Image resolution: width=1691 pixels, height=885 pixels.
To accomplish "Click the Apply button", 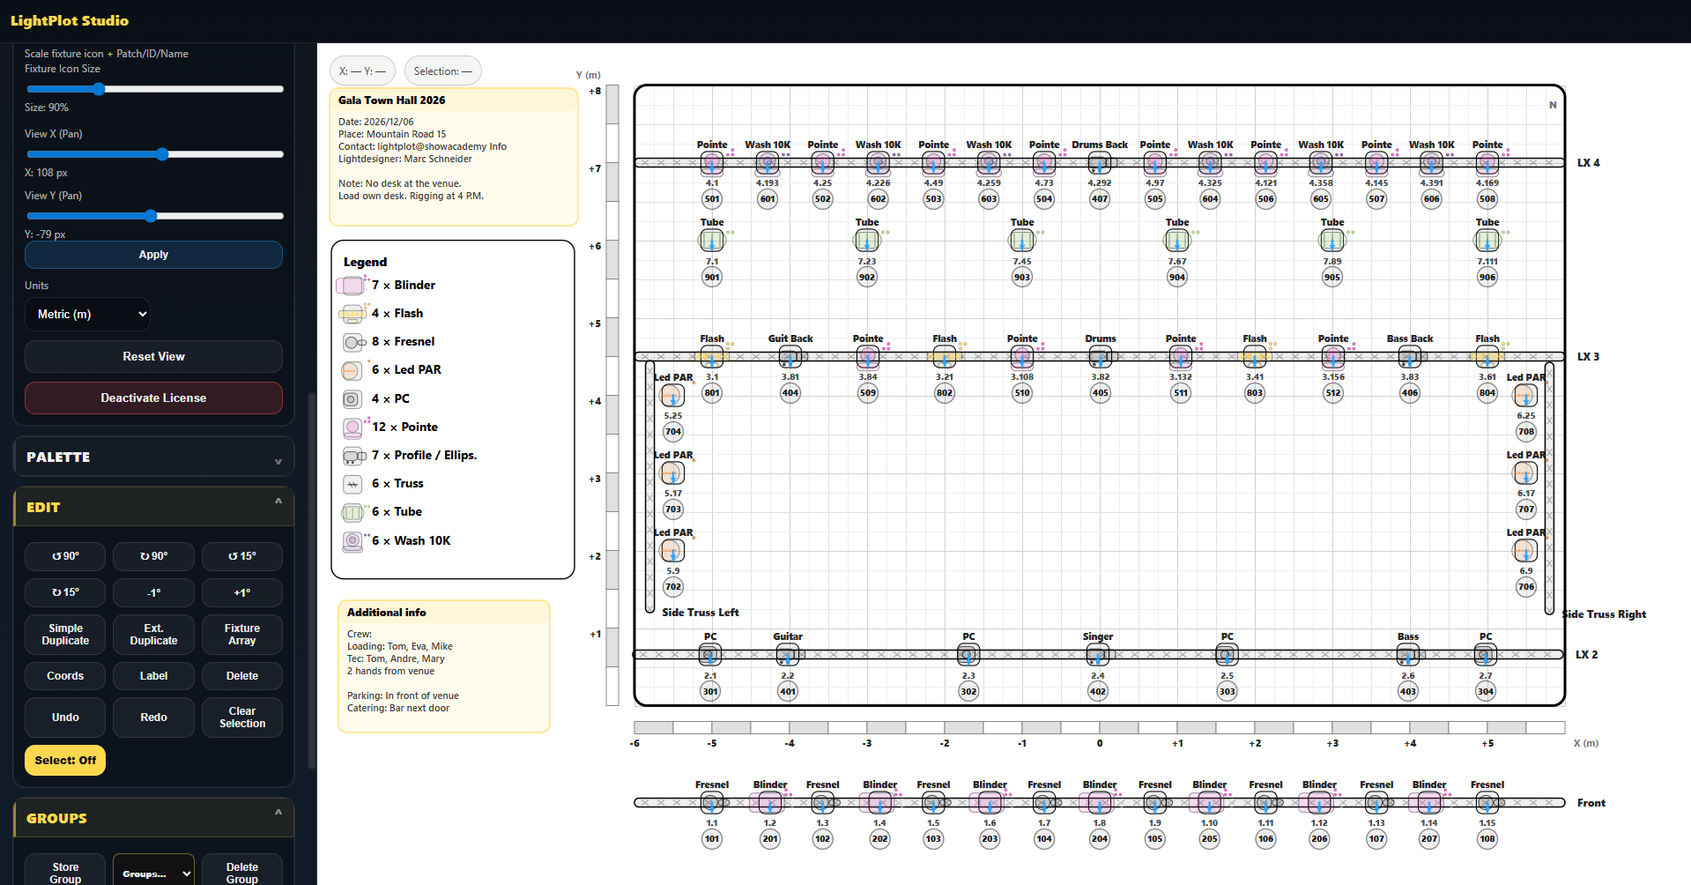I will (x=153, y=255).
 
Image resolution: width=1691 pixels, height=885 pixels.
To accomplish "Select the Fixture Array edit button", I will (x=241, y=635).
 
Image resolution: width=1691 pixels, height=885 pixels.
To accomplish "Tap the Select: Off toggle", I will (x=65, y=760).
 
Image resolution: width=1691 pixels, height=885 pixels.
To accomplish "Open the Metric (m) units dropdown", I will (x=87, y=314).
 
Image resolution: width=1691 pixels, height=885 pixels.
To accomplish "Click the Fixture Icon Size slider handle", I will (x=99, y=89).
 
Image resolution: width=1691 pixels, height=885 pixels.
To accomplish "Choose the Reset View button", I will (x=153, y=356).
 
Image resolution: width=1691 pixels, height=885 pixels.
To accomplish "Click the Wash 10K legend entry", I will (x=421, y=540).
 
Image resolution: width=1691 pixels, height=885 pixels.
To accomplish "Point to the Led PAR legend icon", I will (x=352, y=370).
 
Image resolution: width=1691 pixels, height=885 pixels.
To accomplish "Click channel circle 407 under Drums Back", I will (x=1099, y=199).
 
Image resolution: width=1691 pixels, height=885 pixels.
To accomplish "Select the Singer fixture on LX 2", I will (x=1097, y=655).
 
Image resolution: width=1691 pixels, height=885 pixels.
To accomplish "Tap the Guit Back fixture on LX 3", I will (x=790, y=357).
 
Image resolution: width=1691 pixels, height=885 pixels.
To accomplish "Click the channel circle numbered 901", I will (x=712, y=277).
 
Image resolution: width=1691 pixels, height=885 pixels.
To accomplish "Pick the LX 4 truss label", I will (x=1588, y=163).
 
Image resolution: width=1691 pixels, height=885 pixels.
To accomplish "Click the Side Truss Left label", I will (x=701, y=613).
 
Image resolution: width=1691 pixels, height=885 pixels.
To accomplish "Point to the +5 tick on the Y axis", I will (x=595, y=324).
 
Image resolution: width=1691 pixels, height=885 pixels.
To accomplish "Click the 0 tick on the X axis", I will (x=1099, y=743).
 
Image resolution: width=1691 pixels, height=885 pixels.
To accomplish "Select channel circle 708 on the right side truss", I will (x=1525, y=432).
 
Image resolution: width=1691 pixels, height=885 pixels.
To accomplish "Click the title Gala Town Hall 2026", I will (x=391, y=100).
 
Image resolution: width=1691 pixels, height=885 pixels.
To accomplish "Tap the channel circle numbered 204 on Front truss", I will (x=1099, y=839).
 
